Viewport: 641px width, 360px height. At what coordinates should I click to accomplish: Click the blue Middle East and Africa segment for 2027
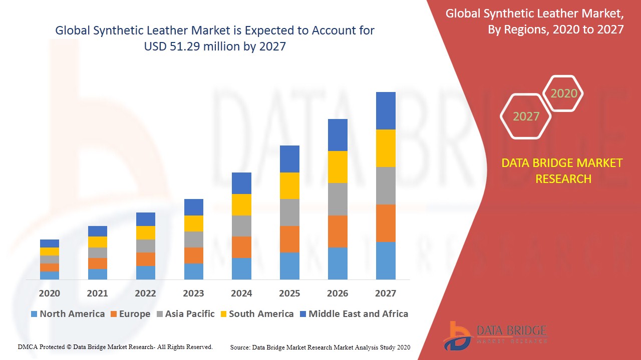click(x=386, y=110)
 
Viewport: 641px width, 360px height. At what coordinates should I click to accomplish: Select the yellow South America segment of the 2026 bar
click(x=338, y=166)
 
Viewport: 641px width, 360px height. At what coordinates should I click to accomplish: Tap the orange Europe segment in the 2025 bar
click(x=289, y=239)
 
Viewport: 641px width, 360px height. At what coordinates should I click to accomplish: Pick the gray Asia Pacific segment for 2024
click(x=241, y=226)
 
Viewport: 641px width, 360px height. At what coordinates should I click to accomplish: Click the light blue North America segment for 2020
click(x=50, y=275)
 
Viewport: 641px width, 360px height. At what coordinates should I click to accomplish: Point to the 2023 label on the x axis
click(x=193, y=293)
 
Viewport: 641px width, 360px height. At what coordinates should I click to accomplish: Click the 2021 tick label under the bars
click(x=97, y=293)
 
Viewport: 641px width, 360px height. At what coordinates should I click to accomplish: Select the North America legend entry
click(x=68, y=314)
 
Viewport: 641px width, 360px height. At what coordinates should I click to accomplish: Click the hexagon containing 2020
click(x=563, y=93)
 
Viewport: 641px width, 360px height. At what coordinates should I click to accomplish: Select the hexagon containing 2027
click(x=526, y=116)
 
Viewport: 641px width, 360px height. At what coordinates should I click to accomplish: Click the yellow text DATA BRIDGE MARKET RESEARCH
click(x=563, y=170)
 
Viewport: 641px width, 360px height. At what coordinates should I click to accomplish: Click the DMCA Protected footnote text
click(x=115, y=346)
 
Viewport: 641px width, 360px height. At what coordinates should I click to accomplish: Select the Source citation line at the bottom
click(x=320, y=347)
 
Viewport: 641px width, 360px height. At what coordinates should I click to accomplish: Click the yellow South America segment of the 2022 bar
click(x=146, y=232)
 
